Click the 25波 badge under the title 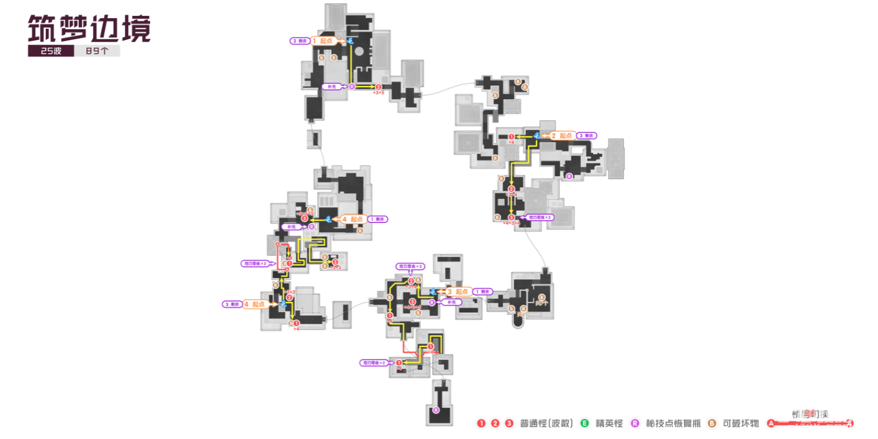[50, 52]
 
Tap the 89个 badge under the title [97, 52]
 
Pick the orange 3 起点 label [458, 291]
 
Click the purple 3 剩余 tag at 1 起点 [299, 41]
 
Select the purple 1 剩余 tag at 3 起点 [484, 291]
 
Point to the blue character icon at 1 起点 [350, 41]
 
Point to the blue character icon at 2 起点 [536, 136]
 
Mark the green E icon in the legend [584, 423]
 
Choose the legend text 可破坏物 [741, 423]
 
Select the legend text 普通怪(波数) [546, 423]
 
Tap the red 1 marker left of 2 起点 [512, 136]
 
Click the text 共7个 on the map [542, 303]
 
